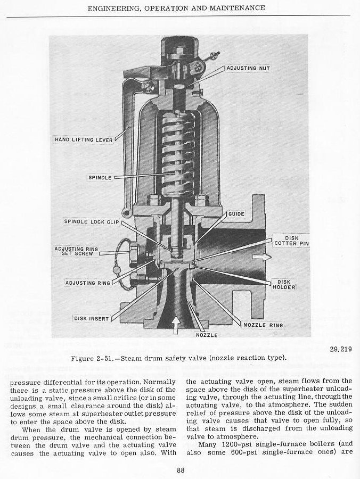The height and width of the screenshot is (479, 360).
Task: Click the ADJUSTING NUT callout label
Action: point(248,69)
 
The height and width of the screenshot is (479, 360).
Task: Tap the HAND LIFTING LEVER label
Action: point(81,140)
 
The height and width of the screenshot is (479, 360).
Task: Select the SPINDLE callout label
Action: point(100,178)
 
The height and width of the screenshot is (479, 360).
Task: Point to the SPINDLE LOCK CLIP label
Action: point(92,221)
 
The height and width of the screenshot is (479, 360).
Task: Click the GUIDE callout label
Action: point(236,214)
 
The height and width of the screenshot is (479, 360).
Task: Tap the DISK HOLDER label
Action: point(286,285)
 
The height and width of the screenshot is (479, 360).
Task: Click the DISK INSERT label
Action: point(91,319)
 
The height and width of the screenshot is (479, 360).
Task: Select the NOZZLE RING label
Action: point(263,325)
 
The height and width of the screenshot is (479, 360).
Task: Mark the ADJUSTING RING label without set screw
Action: point(87,283)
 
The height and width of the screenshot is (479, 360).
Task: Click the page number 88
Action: point(181,469)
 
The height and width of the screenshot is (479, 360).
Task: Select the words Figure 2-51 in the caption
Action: point(101,358)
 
